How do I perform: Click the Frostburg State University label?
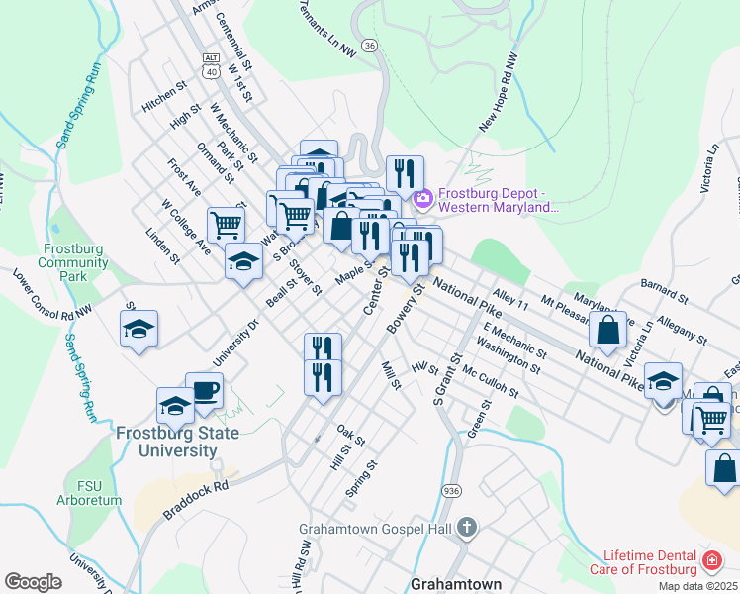click(166, 442)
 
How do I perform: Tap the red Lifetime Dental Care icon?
click(710, 561)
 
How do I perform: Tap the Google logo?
click(33, 582)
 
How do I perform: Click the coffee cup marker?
click(204, 391)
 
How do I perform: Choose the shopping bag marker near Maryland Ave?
click(610, 329)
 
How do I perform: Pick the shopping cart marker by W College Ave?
click(226, 226)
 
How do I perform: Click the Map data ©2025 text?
click(697, 586)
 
